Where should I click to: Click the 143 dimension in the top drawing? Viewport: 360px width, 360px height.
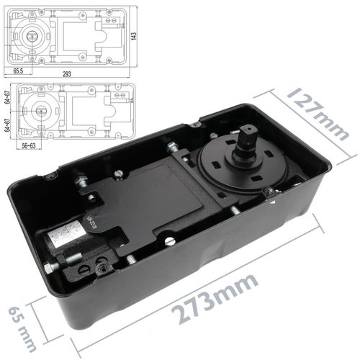(x=133, y=35)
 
